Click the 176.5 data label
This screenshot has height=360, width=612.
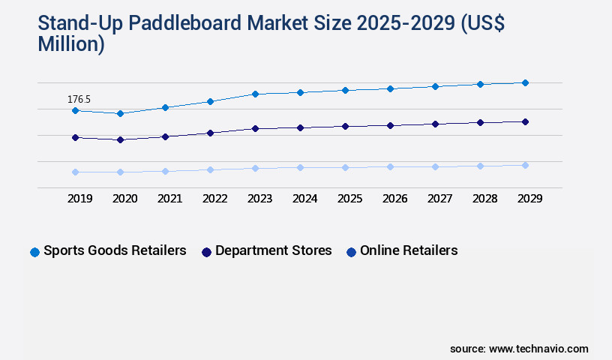79,99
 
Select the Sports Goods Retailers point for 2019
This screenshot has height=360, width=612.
75,110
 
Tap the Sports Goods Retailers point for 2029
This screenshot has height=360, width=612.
525,82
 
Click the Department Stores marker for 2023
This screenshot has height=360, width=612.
255,128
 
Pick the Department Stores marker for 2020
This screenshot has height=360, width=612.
120,139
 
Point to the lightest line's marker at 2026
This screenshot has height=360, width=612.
390,166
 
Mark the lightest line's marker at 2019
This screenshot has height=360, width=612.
75,172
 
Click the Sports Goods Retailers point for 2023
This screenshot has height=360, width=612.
255,94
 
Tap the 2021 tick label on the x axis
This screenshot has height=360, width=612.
169,199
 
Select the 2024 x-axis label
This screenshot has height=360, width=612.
304,199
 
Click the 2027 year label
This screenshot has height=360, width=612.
439,199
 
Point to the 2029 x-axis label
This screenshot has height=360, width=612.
529,199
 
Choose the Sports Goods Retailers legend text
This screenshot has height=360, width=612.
115,251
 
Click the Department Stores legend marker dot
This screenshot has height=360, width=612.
206,252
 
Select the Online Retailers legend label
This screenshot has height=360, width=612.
409,251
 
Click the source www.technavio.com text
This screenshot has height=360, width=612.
519,349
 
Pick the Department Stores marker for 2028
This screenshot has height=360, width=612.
480,122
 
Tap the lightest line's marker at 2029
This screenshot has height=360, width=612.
525,165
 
